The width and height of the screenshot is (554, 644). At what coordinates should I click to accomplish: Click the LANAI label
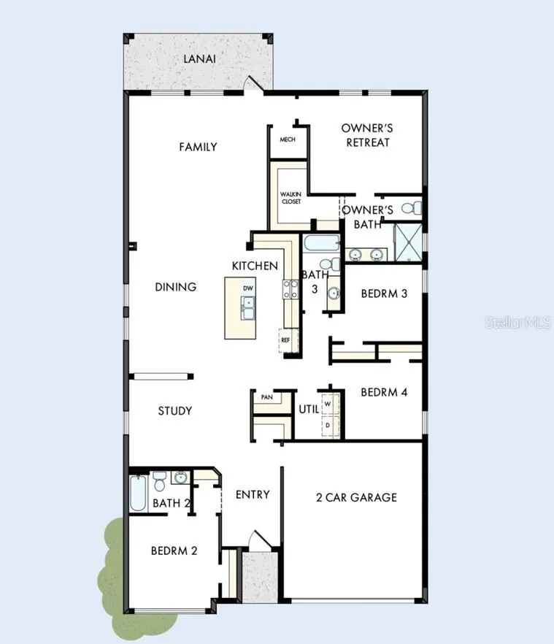coord(199,58)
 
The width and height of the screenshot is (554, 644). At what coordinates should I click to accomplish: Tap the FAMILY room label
coord(198,147)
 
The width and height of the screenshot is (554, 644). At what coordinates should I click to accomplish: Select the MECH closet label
coord(288,139)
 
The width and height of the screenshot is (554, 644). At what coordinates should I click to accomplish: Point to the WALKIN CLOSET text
coord(291,198)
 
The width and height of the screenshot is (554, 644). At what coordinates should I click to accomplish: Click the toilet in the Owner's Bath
coord(412,208)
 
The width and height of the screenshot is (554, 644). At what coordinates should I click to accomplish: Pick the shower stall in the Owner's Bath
coord(408,242)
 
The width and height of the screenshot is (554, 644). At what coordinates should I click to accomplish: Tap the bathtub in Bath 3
coord(322,242)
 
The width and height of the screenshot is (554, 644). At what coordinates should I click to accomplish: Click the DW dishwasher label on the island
coord(248,288)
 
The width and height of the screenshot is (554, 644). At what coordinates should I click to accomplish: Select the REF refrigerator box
coord(286,340)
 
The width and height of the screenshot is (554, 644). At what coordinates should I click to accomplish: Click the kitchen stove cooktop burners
coord(291,289)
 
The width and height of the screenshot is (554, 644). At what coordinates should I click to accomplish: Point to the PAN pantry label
coord(267,397)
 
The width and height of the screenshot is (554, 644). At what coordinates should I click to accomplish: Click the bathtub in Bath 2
coord(138,493)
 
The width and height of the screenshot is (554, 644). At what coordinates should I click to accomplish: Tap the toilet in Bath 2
coord(159,481)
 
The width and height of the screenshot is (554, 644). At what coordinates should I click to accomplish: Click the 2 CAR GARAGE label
coord(356,497)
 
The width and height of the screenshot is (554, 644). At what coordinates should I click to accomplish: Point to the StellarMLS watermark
coord(518,323)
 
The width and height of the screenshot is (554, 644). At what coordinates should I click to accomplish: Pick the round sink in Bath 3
coord(334,294)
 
